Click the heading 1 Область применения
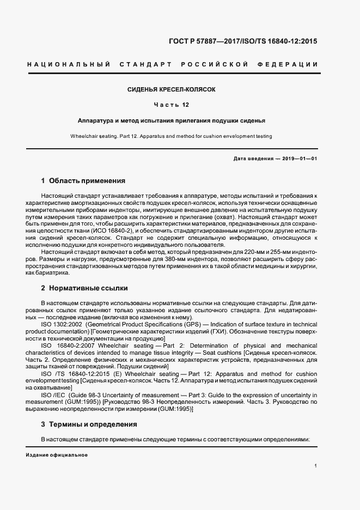[83, 180]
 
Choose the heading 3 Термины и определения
[89, 424]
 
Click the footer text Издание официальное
[57, 455]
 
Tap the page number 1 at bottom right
[316, 466]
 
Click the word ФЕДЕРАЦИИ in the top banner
[291, 65]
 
